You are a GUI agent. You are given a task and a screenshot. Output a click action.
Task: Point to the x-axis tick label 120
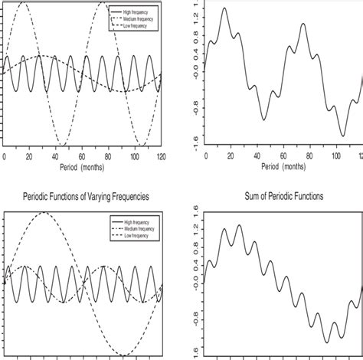(x=159, y=155)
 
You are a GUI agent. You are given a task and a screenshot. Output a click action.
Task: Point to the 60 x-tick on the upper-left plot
(x=82, y=155)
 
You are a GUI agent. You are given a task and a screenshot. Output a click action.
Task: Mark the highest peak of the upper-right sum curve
(x=224, y=8)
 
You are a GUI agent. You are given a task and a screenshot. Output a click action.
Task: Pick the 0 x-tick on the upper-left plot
(x=4, y=155)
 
